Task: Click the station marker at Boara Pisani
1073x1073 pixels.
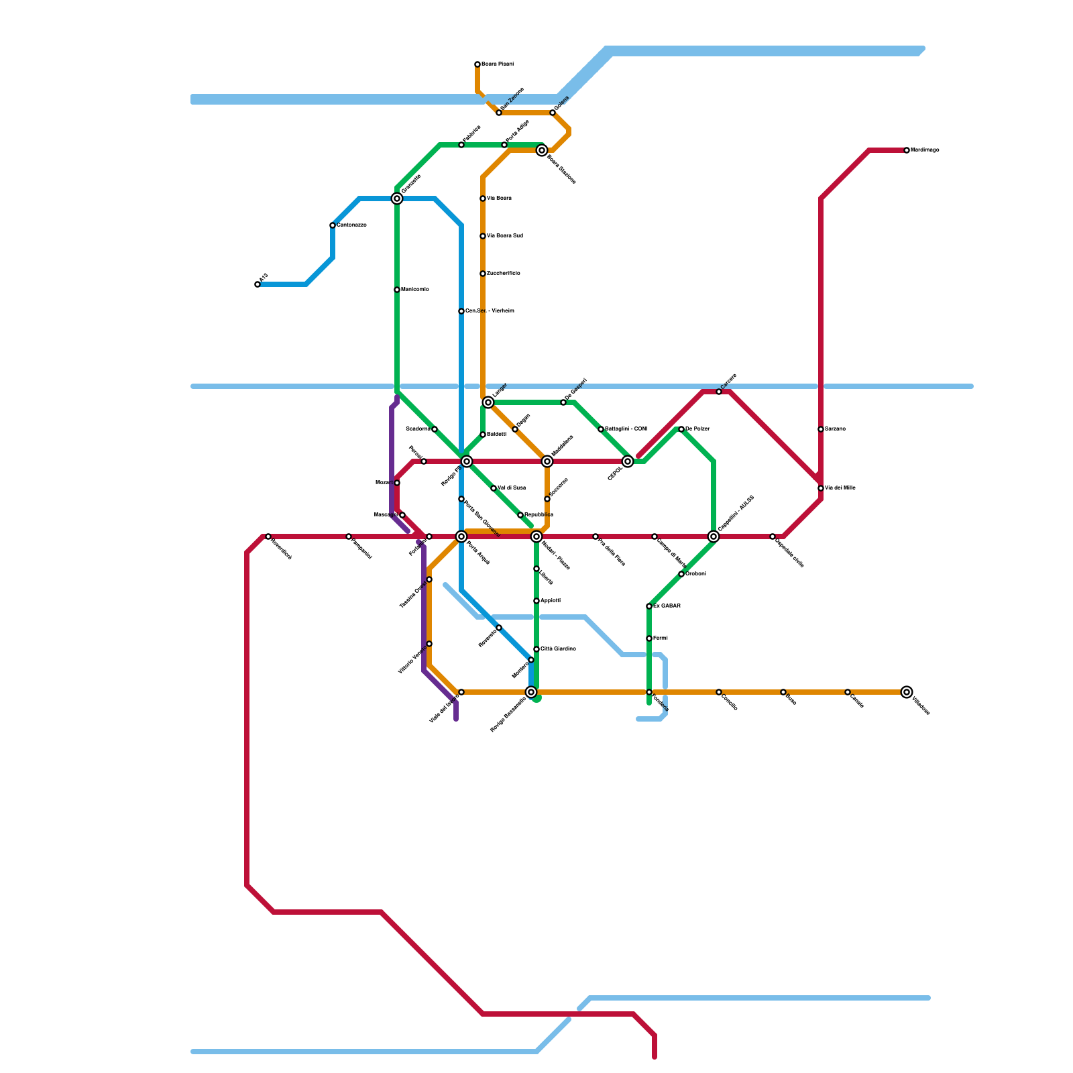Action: pos(477,64)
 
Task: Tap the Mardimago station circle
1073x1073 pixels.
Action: pos(907,150)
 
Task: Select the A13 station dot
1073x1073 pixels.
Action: pos(258,284)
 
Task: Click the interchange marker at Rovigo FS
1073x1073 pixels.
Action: pos(467,461)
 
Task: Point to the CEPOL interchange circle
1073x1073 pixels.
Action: pos(628,461)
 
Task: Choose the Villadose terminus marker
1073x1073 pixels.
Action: pos(907,692)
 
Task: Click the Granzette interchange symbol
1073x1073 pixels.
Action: pos(397,199)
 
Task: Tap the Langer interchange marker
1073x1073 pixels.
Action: pos(488,402)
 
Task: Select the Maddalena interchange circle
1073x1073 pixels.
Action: pos(547,461)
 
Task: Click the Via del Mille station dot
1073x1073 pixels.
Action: pos(821,488)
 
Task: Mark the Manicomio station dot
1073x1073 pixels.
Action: pos(397,290)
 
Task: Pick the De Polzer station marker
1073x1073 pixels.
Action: pos(681,429)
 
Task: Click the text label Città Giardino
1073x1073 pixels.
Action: pos(559,649)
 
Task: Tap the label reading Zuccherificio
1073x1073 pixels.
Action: pos(504,274)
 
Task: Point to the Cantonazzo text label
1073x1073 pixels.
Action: pos(352,225)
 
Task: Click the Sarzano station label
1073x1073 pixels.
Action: pos(836,429)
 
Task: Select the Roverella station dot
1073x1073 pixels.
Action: pos(499,628)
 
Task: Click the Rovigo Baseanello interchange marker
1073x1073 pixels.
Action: pos(531,692)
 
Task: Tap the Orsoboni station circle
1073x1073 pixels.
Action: pos(681,574)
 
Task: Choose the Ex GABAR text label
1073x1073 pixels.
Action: pos(667,606)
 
